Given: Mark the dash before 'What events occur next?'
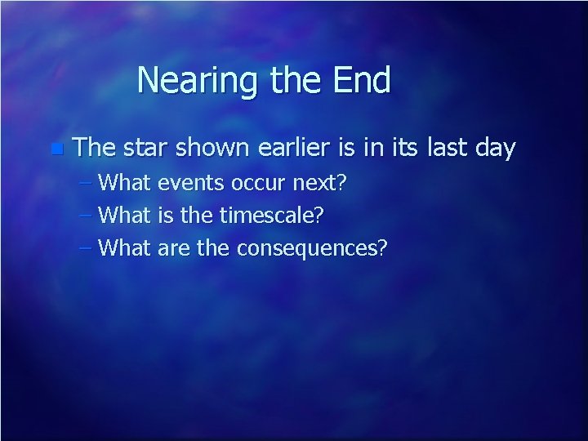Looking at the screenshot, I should point(87,183).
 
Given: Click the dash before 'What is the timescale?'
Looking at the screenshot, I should point(87,216).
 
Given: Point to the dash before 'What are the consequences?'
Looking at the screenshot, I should point(87,248).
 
